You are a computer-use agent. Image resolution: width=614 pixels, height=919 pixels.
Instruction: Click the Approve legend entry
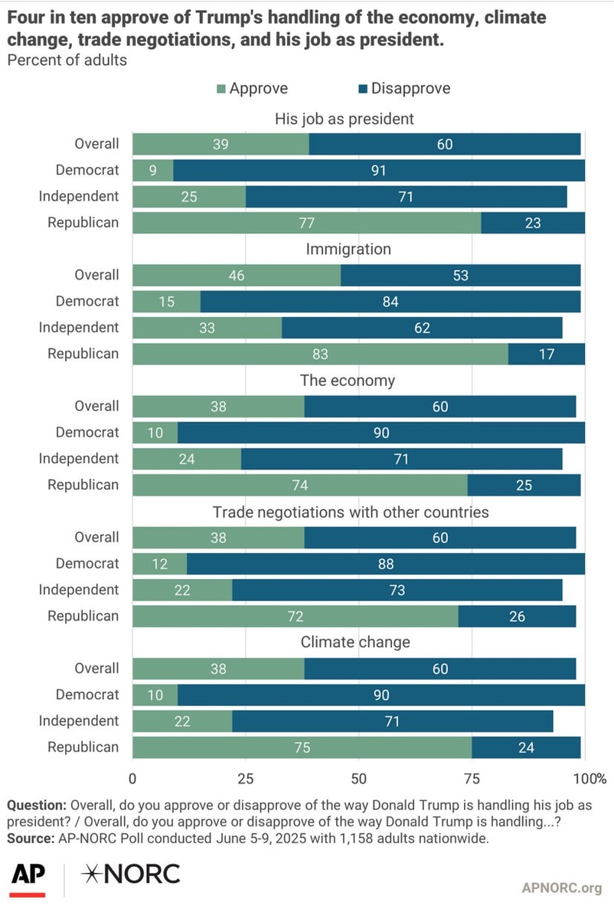[x=253, y=88]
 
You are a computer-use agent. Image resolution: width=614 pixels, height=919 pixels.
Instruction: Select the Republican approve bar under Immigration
[x=320, y=354]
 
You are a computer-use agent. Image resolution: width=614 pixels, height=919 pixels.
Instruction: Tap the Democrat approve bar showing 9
[x=153, y=170]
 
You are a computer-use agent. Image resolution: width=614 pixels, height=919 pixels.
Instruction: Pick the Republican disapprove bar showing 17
[x=547, y=354]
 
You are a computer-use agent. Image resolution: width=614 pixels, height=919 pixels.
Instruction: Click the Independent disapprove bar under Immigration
[x=422, y=328]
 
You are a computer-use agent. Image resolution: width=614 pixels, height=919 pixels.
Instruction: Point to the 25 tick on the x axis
[x=245, y=779]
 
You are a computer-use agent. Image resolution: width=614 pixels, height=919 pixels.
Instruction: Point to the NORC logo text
[x=132, y=873]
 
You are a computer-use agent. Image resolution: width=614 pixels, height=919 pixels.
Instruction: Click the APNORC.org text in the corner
[x=561, y=888]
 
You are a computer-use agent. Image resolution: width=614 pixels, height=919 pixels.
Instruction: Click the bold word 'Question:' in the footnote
[x=36, y=806]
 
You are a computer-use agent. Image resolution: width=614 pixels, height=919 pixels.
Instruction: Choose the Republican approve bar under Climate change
[x=302, y=747]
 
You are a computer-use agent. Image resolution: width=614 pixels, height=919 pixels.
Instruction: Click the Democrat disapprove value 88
[x=384, y=564]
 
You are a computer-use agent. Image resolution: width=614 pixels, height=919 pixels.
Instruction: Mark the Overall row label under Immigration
[x=96, y=275]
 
